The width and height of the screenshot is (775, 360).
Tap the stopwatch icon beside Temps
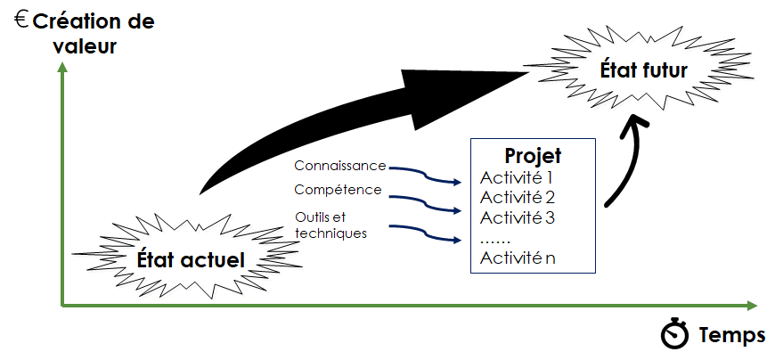tap(675, 334)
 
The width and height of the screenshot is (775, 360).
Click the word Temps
tap(732, 335)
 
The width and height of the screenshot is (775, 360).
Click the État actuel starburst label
tap(191, 258)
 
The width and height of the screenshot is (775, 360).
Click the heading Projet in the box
tap(533, 155)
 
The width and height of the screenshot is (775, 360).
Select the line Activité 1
tap(518, 176)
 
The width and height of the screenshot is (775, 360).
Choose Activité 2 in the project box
tap(518, 197)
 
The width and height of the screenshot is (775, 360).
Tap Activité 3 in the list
tap(518, 217)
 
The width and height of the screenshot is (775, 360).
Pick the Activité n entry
tap(518, 258)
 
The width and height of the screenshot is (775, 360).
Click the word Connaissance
tap(340, 166)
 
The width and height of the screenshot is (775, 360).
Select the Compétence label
tap(338, 189)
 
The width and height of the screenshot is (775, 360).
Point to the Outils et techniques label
tap(330, 224)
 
